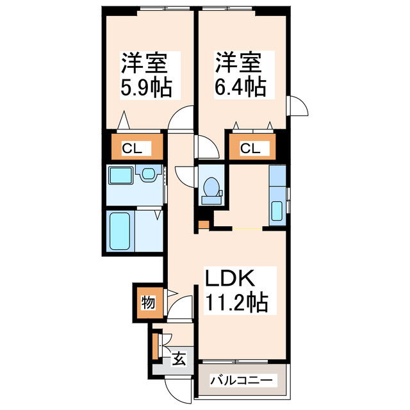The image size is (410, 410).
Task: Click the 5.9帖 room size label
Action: point(145,87)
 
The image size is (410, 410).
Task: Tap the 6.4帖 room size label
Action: point(240,87)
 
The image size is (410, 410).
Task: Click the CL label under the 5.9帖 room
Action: point(133,149)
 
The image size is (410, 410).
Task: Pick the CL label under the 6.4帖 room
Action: point(250,149)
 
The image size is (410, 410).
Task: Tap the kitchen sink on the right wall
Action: point(278,209)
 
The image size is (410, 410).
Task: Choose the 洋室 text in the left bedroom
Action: point(145,64)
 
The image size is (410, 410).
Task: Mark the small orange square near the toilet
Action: point(202,224)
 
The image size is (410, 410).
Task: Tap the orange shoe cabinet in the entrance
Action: point(155,345)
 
